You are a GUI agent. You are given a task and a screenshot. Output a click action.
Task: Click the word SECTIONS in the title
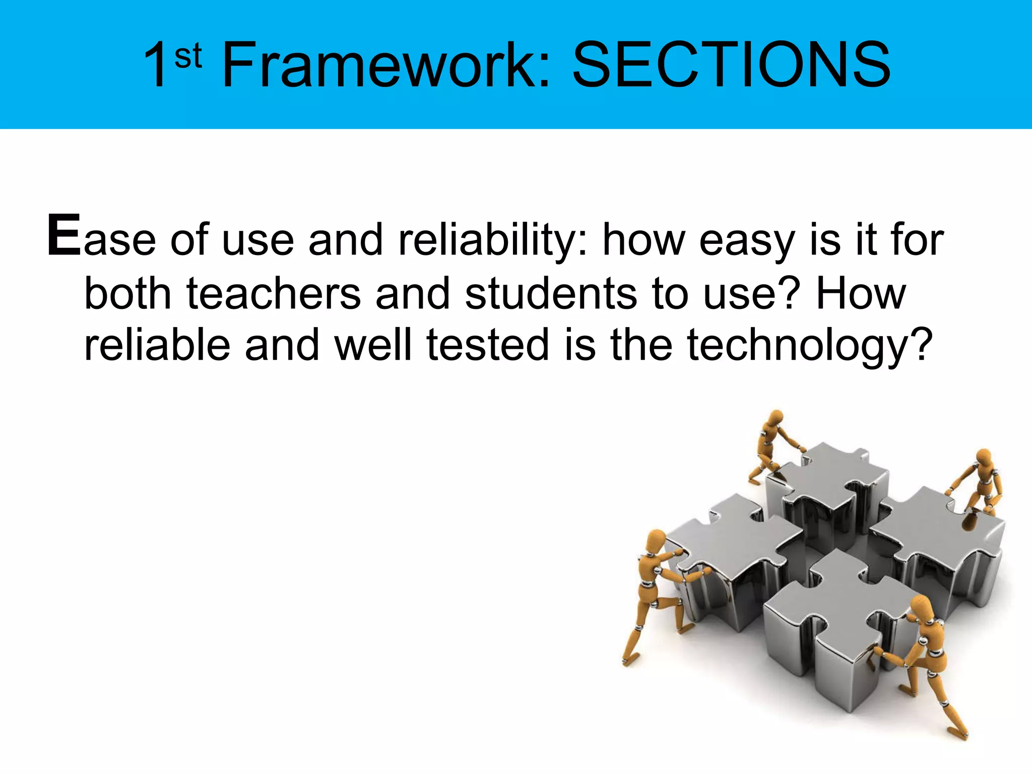(x=731, y=66)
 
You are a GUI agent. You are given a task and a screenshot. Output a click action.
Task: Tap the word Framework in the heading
(x=385, y=66)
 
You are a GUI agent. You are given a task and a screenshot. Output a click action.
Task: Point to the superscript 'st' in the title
(x=188, y=56)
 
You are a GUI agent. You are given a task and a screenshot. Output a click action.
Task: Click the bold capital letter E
(x=63, y=236)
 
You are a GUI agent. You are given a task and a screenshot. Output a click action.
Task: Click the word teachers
(x=274, y=294)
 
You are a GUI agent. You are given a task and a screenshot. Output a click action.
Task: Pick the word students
(x=551, y=294)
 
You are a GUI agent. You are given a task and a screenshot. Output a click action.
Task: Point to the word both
(x=128, y=294)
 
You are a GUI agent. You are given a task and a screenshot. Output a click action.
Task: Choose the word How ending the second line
(x=861, y=294)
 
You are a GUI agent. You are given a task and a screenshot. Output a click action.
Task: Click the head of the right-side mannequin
(x=983, y=458)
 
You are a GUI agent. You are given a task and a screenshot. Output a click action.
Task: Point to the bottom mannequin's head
(x=922, y=606)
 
